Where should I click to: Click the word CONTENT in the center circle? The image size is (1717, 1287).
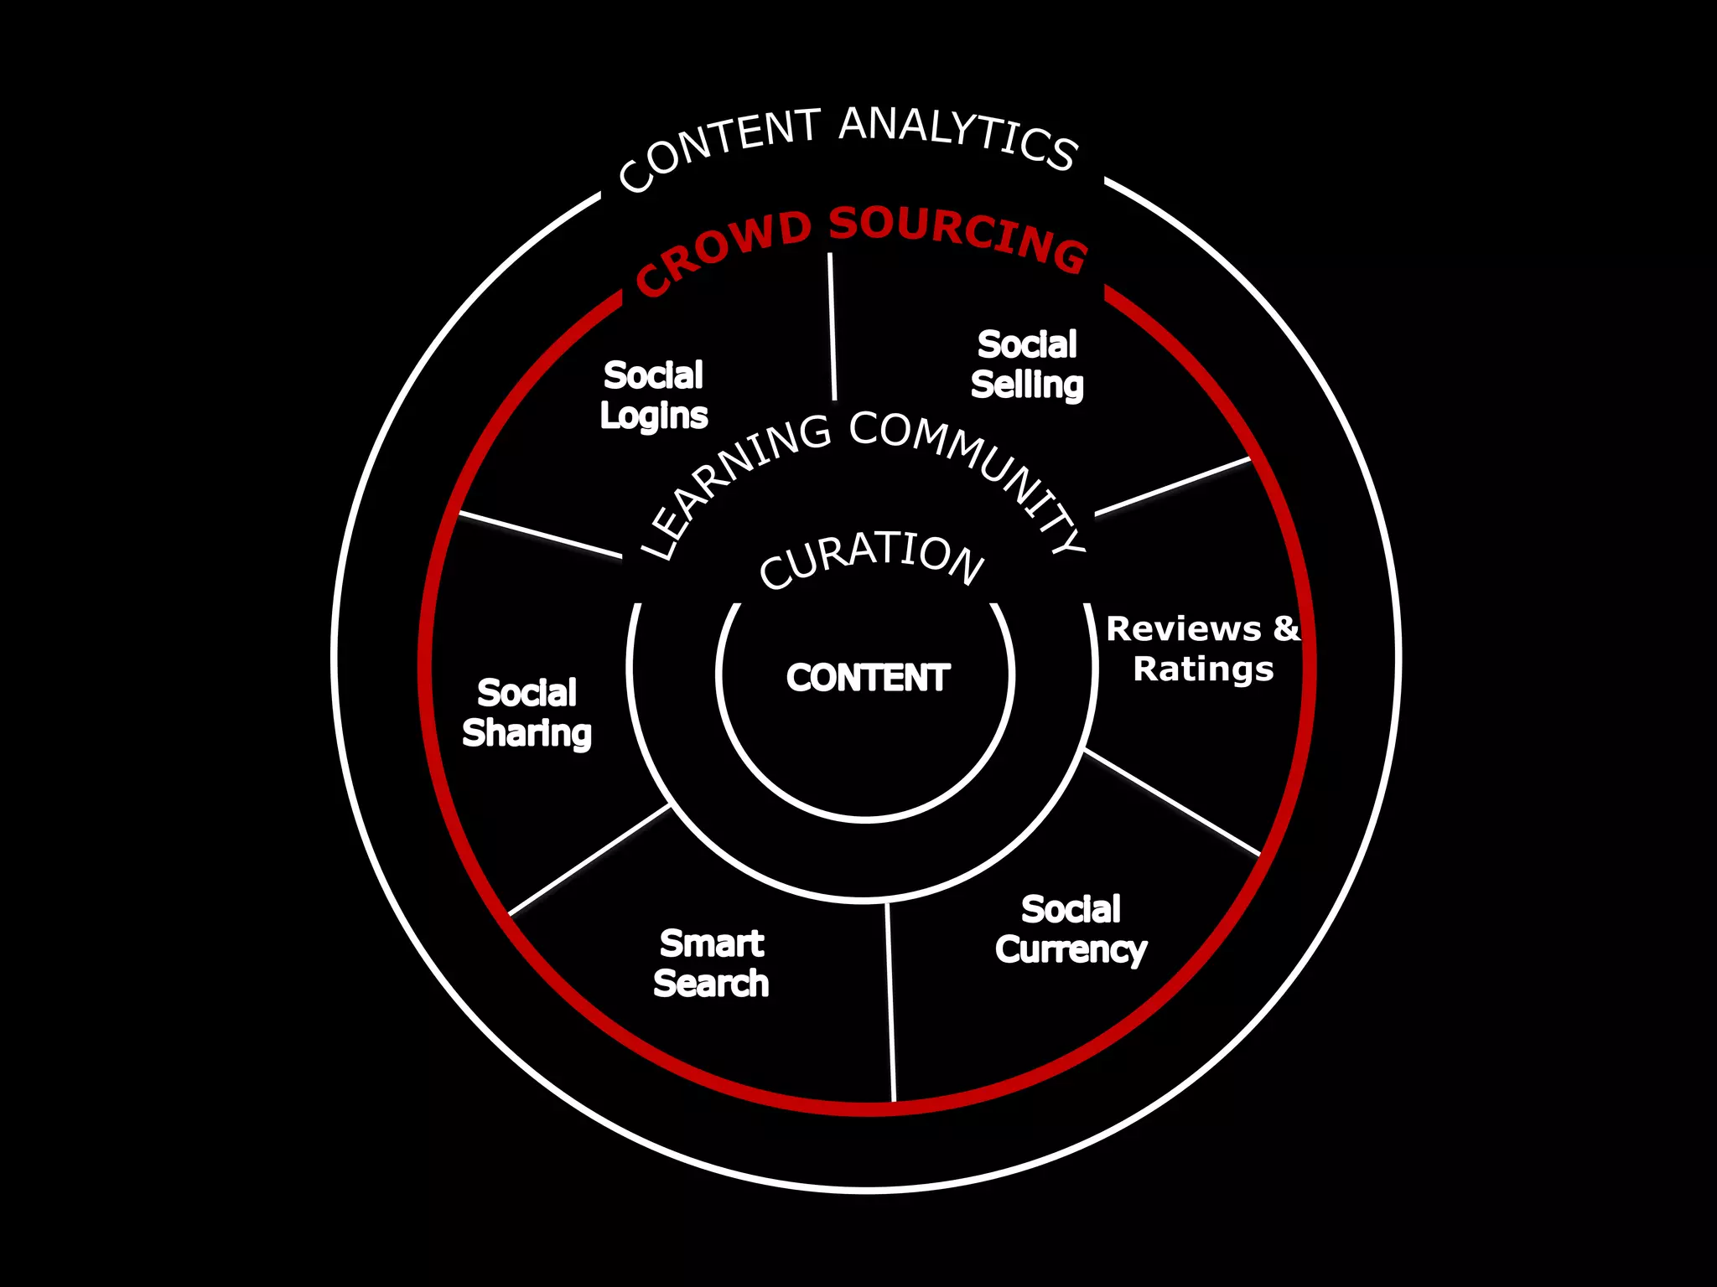pos(868,678)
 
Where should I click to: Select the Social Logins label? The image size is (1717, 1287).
pos(654,395)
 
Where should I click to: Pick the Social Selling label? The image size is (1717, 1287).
pos(1027,364)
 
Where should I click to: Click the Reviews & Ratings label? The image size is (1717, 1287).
pos(1202,649)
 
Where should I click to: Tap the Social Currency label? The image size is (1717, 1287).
pos(1071,929)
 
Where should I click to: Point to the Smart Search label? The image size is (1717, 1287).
pos(712,964)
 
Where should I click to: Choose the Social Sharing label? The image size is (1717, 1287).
pos(527,713)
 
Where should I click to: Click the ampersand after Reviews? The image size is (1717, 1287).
pos(1286,628)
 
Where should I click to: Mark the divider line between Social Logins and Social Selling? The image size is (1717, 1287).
pos(833,327)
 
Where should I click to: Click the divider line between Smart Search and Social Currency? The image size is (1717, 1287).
pos(891,1001)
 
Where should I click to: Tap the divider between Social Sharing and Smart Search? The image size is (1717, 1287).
pos(590,860)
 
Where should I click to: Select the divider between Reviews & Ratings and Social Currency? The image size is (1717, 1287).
pos(1172,802)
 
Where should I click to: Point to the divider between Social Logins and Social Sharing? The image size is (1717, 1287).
pos(541,535)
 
